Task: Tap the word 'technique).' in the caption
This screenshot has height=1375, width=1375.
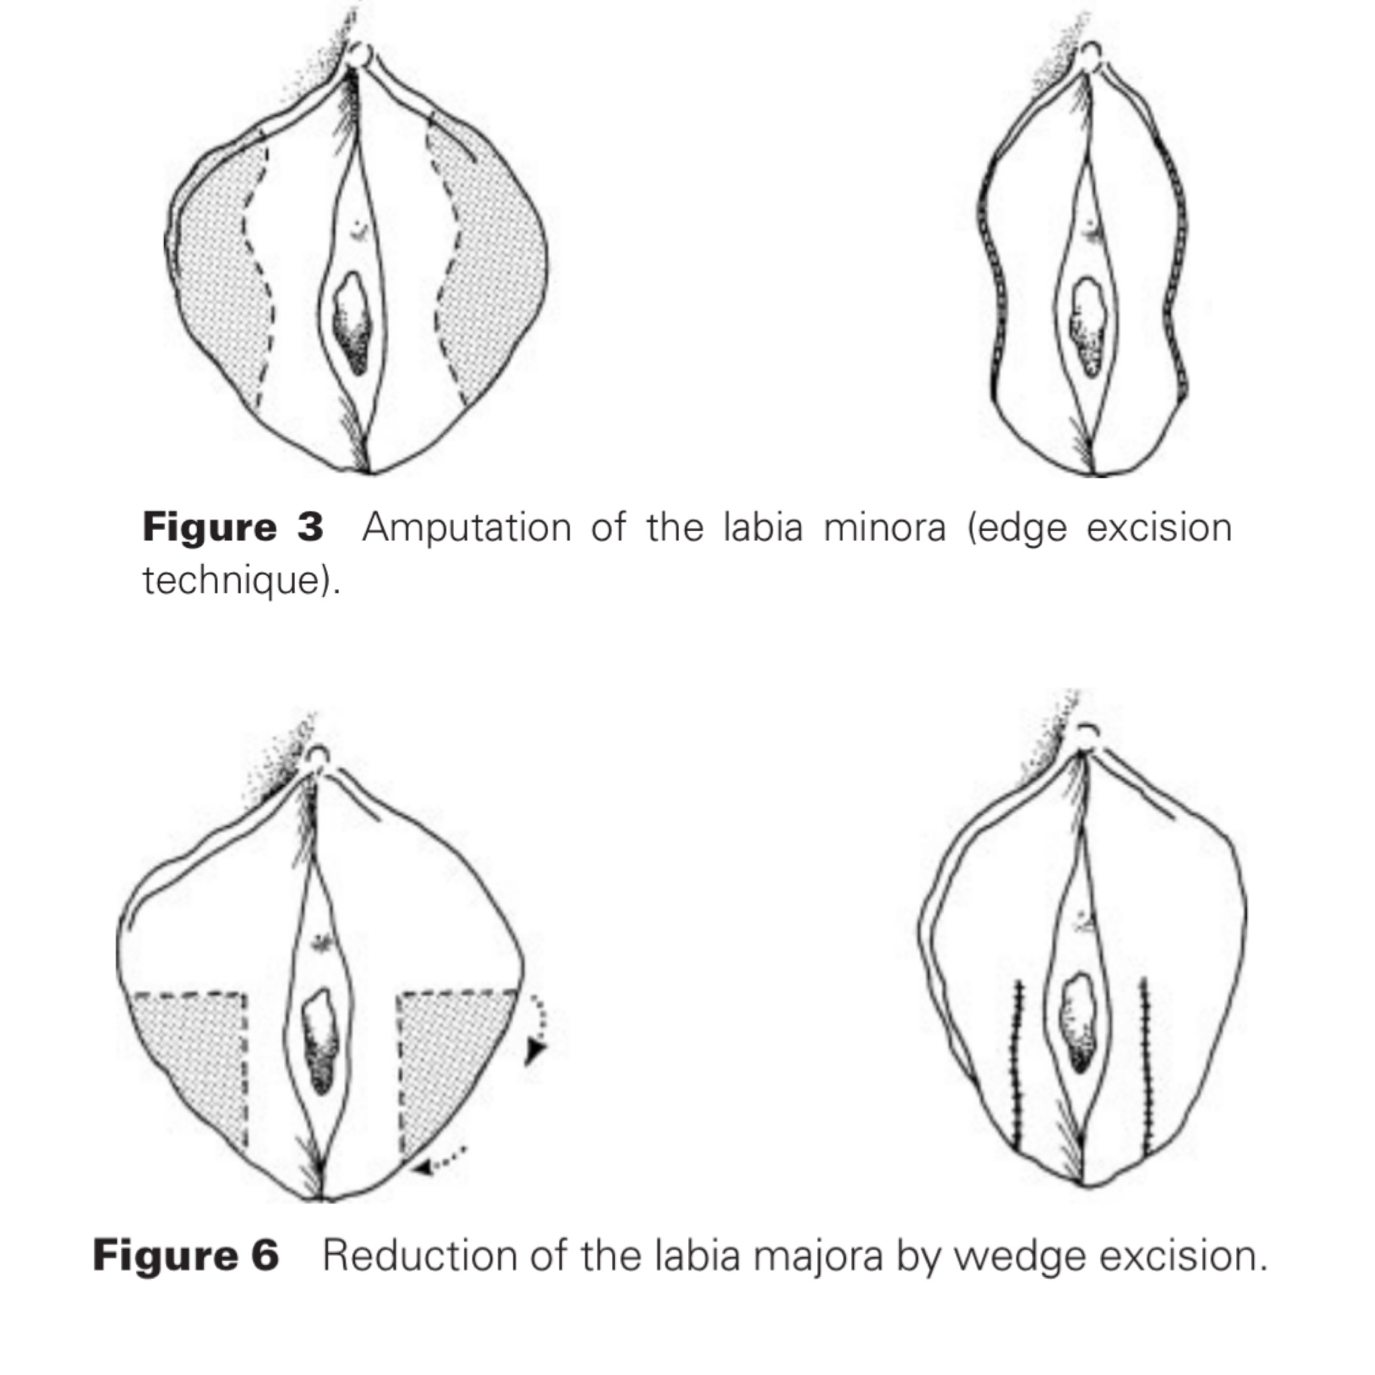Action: [x=241, y=580]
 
